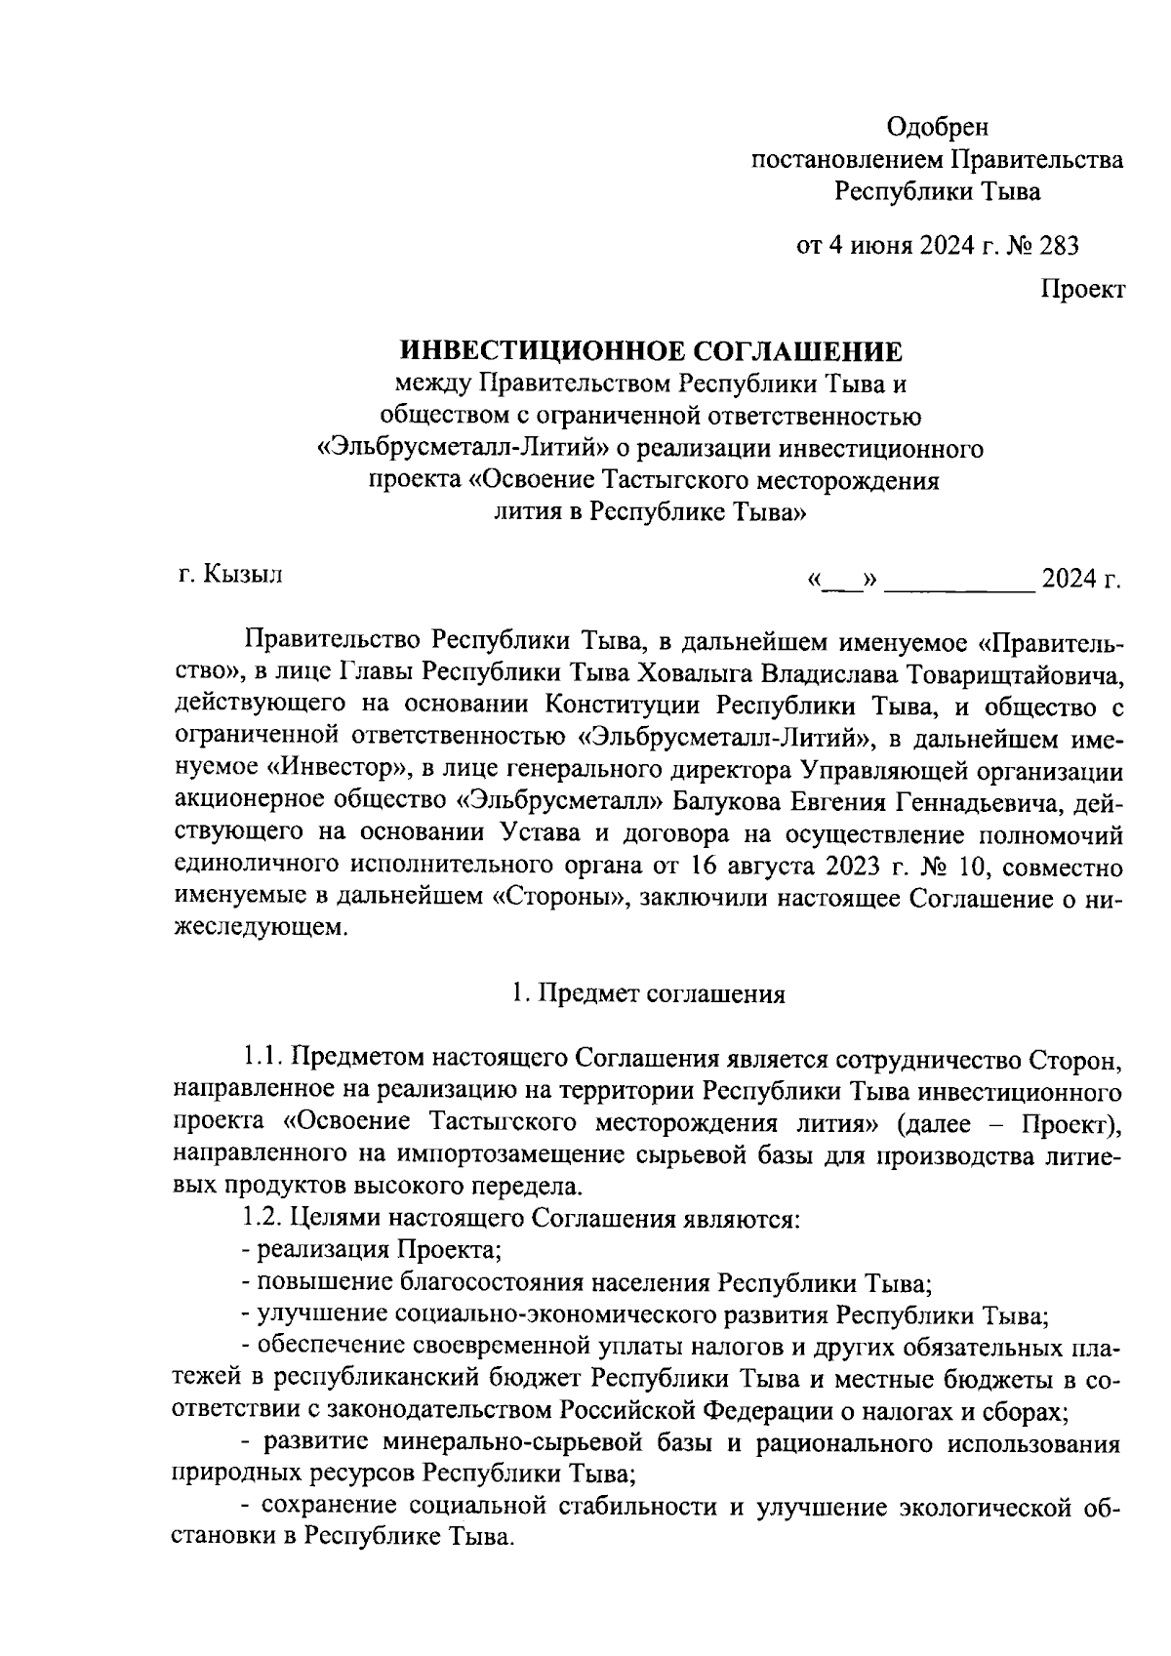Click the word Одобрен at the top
point(937,127)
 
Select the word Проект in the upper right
point(1082,289)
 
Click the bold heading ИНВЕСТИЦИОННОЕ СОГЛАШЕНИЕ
point(653,351)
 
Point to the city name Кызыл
point(243,576)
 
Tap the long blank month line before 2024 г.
point(963,584)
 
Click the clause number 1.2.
point(263,1219)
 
